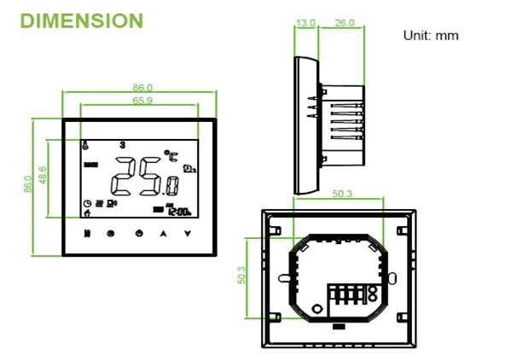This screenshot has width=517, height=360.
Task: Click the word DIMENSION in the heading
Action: pos(81,20)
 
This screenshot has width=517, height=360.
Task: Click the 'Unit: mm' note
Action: pos(431,36)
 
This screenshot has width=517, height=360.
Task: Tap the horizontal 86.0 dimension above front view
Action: pos(142,88)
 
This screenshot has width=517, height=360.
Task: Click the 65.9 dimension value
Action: pos(142,101)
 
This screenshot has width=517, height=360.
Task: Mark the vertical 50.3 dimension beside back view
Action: pos(241,276)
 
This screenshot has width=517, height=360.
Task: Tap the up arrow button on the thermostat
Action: pos(163,232)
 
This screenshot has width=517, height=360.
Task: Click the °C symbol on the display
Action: pos(173,156)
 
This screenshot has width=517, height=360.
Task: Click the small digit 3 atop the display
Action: pos(123,144)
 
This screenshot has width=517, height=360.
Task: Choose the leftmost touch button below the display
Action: pos(86,232)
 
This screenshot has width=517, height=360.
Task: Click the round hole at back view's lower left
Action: pos(316,309)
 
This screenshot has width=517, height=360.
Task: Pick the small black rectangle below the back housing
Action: pos(339,326)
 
